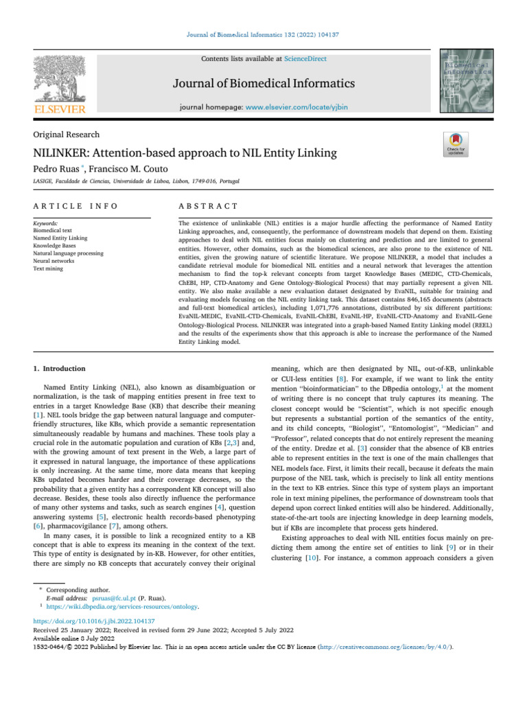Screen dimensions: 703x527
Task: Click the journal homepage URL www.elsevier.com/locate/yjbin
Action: [x=291, y=108]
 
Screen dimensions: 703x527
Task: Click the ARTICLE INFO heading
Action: [x=75, y=206]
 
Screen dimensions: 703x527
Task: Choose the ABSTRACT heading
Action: [x=208, y=206]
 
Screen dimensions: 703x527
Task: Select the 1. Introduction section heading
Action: [x=60, y=369]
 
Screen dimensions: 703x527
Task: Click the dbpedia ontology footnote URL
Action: [x=122, y=607]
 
